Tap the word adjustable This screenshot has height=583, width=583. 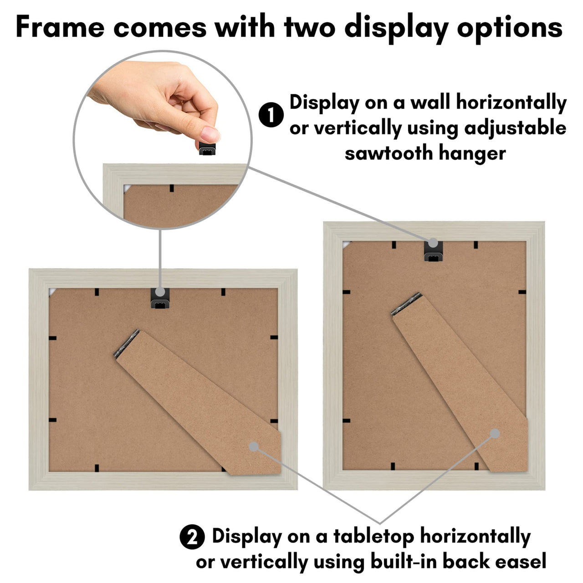click(x=515, y=128)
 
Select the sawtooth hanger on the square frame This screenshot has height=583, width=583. click(x=160, y=299)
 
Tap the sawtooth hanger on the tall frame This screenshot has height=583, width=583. click(x=433, y=251)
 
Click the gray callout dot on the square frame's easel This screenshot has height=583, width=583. click(x=254, y=446)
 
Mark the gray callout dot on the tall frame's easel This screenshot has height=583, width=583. click(x=495, y=434)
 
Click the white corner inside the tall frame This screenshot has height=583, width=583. click(x=347, y=245)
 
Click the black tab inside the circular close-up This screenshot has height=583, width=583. click(x=172, y=188)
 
